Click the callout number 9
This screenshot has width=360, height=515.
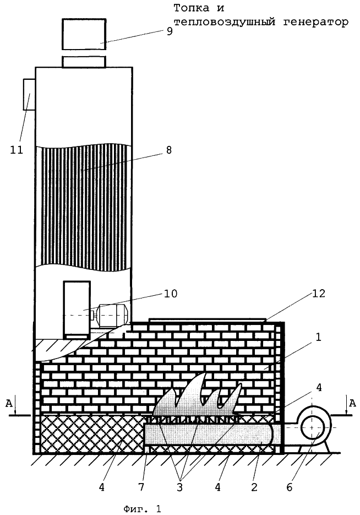(169, 31)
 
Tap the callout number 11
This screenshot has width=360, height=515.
(17, 150)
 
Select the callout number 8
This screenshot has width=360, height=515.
(168, 150)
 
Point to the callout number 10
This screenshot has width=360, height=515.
(170, 293)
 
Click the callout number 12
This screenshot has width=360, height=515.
(318, 293)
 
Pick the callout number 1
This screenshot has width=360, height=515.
(318, 337)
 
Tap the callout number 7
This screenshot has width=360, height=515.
(141, 487)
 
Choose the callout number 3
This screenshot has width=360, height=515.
(179, 487)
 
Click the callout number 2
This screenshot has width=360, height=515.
(254, 487)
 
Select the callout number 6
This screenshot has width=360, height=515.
(289, 487)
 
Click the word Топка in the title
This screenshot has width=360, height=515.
(191, 7)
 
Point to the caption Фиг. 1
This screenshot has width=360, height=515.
(142, 509)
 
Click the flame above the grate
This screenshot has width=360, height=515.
(198, 395)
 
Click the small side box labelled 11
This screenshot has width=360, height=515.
(29, 94)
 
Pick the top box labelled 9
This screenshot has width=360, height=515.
(84, 34)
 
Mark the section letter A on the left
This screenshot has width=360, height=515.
(9, 403)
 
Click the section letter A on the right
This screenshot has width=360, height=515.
(352, 403)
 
